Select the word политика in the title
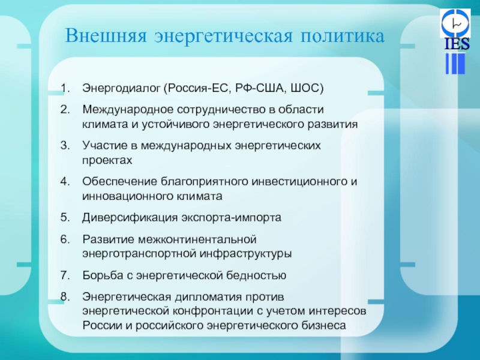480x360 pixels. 342,36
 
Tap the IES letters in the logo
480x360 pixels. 457,44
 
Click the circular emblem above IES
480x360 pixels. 455,23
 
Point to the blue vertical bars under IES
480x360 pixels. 455,64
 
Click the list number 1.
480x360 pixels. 65,88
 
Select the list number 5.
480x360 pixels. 65,217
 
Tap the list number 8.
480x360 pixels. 65,296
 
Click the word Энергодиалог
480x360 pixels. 121,88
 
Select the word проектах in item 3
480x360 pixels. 107,160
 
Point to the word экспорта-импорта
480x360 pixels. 232,218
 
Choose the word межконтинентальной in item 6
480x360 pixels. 197,239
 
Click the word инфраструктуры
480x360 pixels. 246,254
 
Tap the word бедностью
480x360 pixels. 256,275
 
